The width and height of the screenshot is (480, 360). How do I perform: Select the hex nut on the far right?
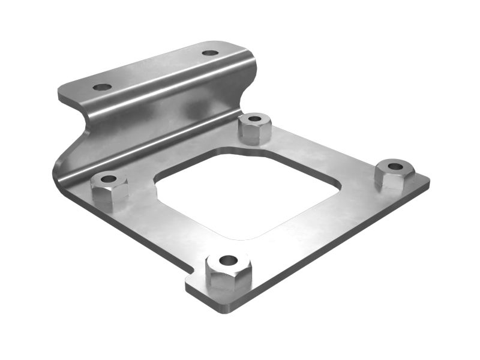(x=394, y=173)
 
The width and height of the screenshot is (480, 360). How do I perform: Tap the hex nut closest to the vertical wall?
(x=254, y=128)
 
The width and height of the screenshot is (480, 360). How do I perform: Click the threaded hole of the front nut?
(x=228, y=260)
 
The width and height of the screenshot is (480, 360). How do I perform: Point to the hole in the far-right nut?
(x=395, y=166)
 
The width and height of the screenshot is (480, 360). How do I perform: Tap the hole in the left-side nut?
(x=109, y=179)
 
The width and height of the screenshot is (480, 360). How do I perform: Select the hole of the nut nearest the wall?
(x=254, y=119)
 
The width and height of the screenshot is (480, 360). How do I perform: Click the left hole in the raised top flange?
(x=102, y=87)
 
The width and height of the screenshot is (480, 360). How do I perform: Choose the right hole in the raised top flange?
(x=210, y=53)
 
